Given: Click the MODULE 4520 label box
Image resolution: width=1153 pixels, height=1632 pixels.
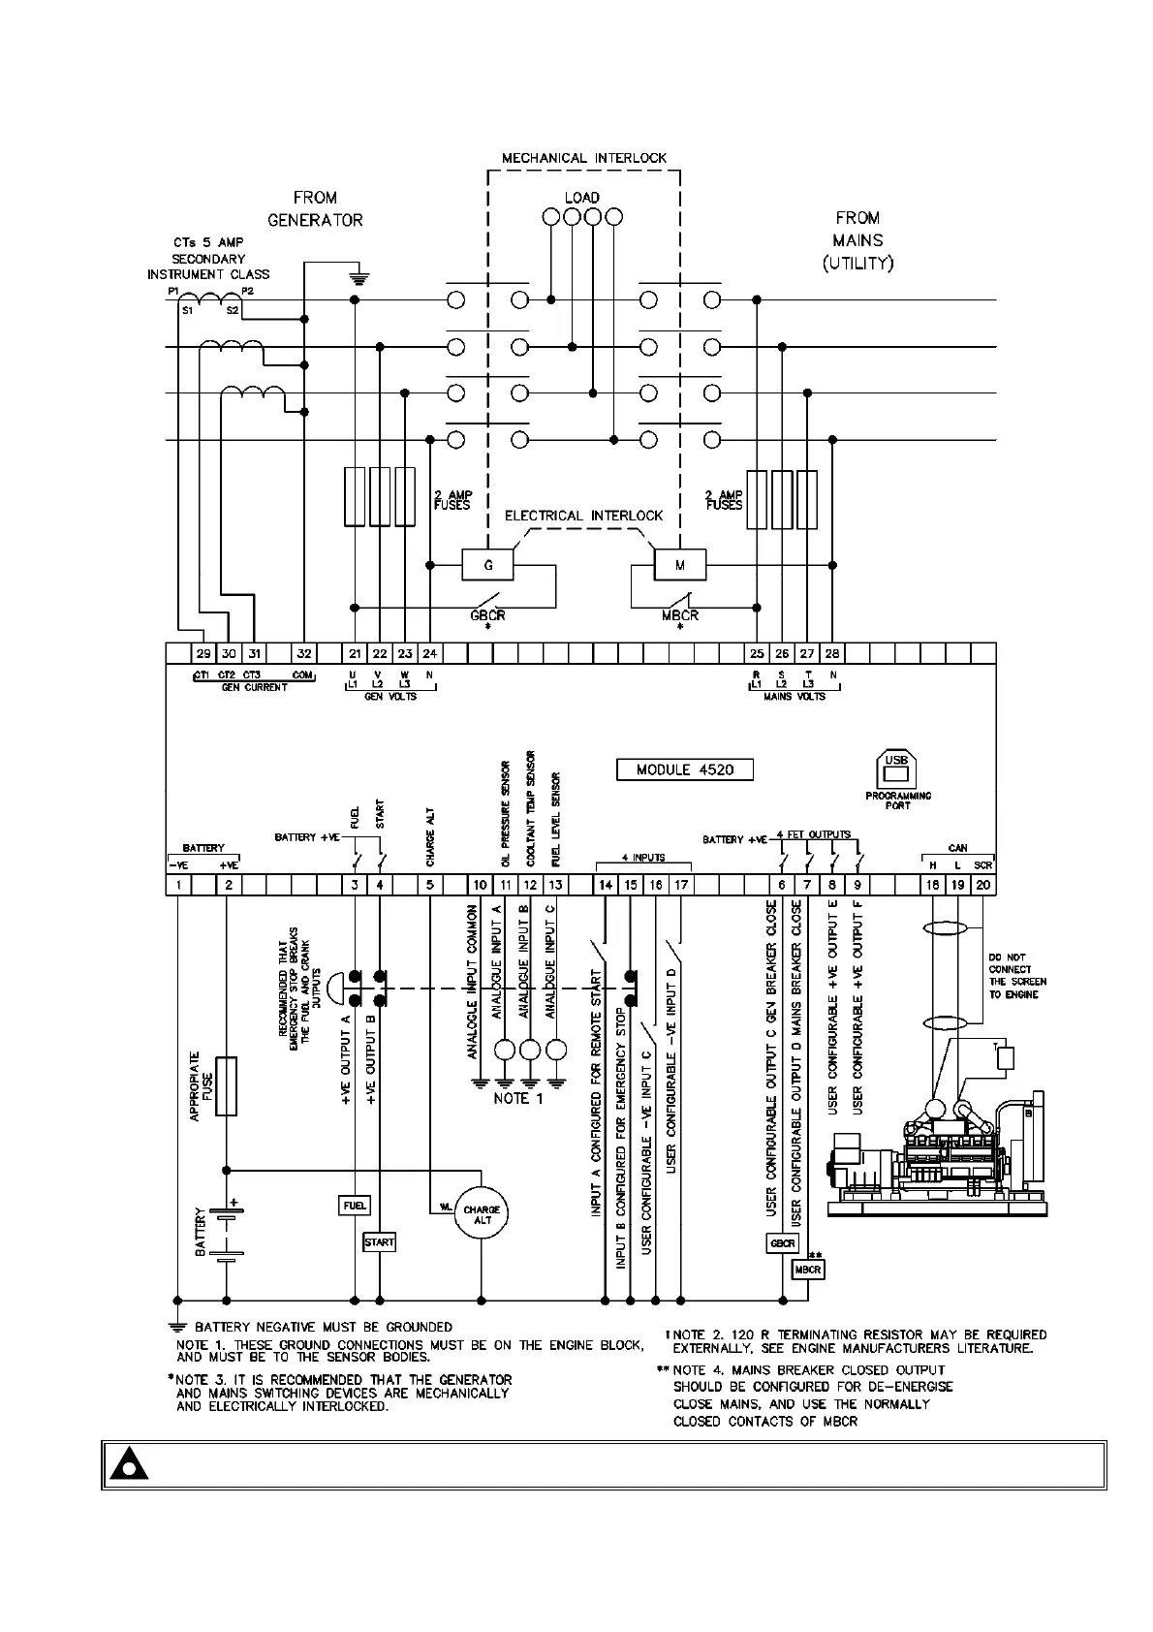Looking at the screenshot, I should point(684,769).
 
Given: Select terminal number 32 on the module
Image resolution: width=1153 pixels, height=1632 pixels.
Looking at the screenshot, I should point(304,653).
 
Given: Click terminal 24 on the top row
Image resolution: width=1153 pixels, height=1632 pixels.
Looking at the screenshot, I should point(430,653).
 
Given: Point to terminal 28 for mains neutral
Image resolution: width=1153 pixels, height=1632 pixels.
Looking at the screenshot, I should point(832,653).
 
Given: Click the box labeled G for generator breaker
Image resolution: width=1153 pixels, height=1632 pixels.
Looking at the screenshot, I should point(487,563).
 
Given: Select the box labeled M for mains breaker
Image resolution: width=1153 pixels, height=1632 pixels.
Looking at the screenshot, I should point(680,563).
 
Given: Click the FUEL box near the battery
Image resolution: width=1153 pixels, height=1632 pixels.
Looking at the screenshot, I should point(355,1206).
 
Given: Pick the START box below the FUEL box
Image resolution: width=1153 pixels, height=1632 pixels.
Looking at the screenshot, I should point(379,1241).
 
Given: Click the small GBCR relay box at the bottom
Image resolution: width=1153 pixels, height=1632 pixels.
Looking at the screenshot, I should point(782,1243).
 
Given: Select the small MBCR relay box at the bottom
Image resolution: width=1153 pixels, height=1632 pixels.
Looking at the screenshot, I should point(807,1269).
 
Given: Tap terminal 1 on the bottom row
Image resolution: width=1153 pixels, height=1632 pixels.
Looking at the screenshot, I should point(178,885).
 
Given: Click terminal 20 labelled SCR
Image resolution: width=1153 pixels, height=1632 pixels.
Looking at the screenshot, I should point(983,885).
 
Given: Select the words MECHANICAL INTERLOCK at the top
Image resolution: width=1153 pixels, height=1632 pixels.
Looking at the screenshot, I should point(583,158).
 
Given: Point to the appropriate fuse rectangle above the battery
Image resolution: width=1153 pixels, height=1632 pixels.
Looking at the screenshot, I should point(226,1085).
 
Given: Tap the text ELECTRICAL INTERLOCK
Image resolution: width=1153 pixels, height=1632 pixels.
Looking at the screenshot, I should point(583,516).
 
